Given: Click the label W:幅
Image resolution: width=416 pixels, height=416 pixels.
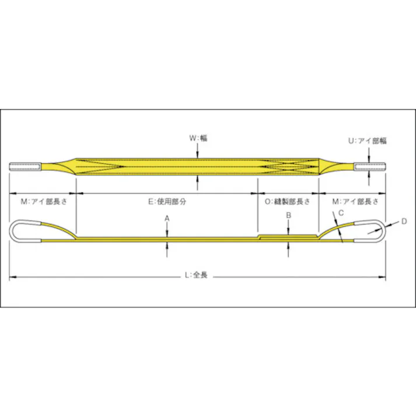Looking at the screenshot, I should tap(198, 138).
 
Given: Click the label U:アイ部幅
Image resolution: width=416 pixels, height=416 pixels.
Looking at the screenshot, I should tap(368, 141).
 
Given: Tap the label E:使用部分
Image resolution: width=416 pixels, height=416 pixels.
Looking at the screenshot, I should tap(167, 201).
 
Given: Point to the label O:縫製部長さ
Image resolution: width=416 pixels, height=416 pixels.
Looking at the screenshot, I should tap(287, 201).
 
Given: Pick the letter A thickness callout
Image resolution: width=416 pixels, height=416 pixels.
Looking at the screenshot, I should tap(167, 218).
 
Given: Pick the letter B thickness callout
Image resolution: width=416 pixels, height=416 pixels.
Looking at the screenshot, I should tap(288, 216).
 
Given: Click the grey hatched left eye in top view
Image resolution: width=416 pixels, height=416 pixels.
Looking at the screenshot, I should tap(25, 167).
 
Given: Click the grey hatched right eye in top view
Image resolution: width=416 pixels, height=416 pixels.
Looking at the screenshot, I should tap(369, 167).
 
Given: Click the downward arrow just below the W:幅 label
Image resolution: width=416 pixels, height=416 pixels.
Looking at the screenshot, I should tap(198, 153).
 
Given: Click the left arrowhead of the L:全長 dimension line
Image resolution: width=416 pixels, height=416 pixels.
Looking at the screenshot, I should tap(12, 277).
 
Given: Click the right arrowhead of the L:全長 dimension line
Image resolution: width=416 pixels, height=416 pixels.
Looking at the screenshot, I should tap(383, 277).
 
